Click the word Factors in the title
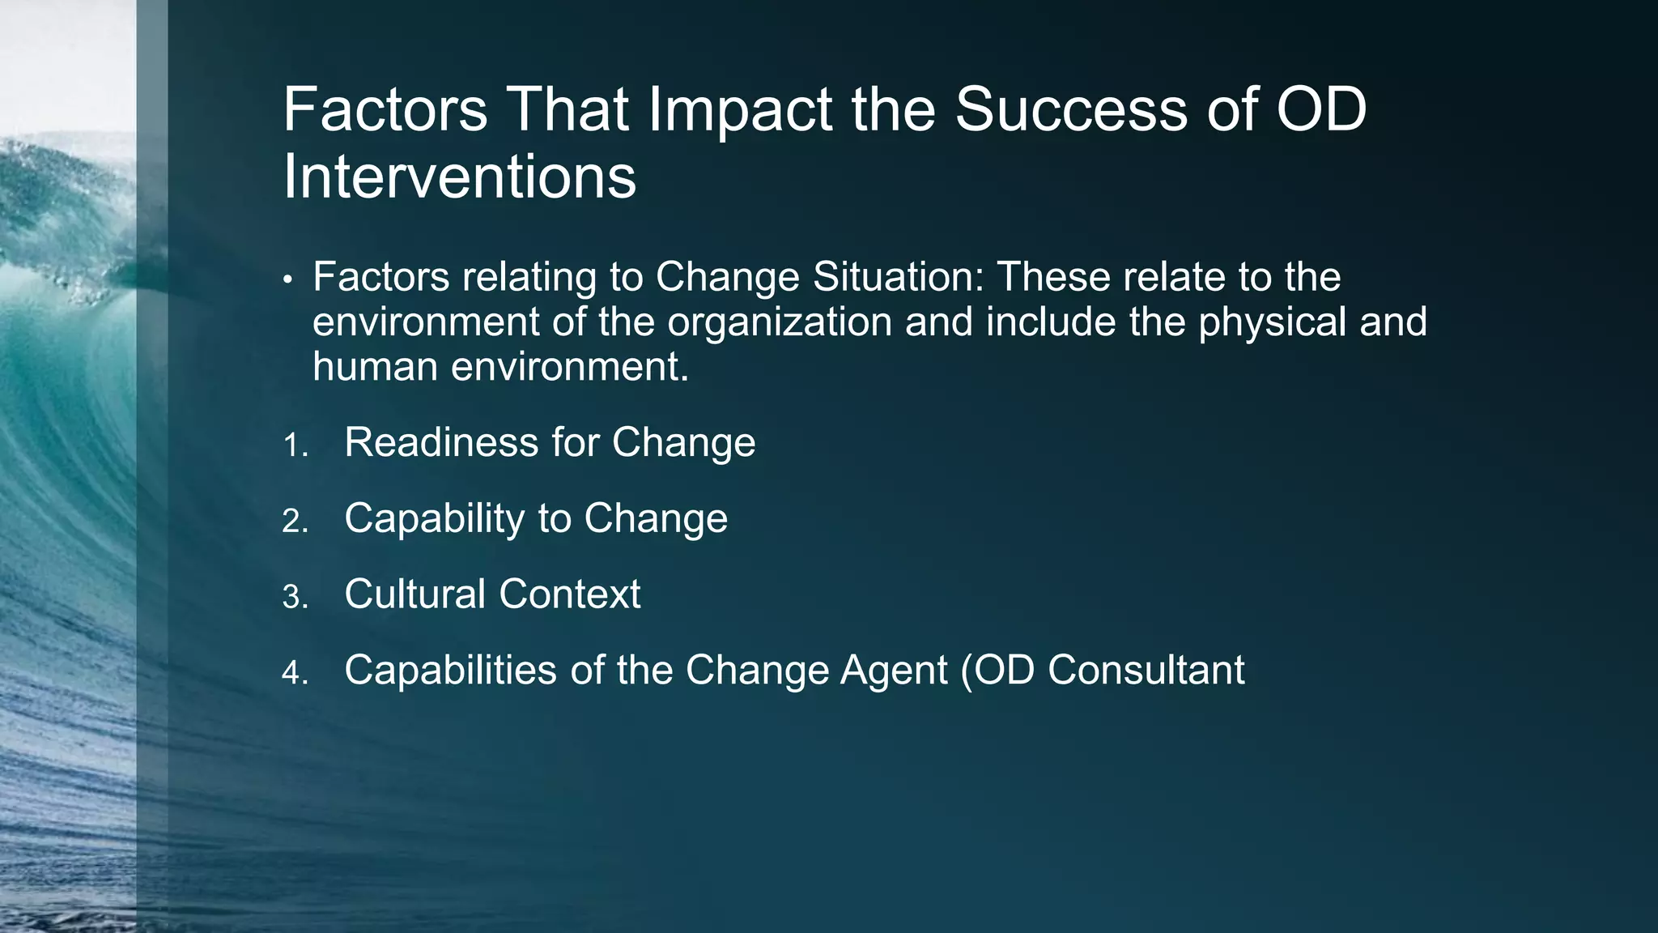(385, 110)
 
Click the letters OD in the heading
(1321, 110)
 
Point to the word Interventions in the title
(459, 177)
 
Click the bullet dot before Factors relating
(287, 280)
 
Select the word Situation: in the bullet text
(898, 277)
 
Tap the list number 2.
(295, 521)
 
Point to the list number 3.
(295, 598)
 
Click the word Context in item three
(569, 594)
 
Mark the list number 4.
(295, 673)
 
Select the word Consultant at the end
(1146, 671)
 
